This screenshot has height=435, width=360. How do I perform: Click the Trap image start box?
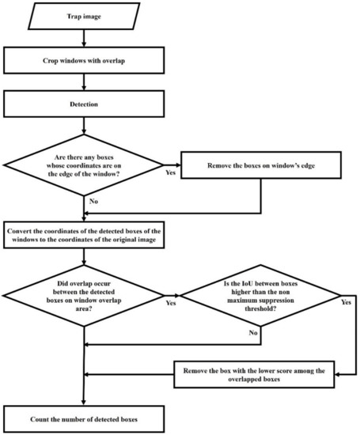point(84,15)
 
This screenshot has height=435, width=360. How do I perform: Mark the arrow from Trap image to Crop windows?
point(84,37)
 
